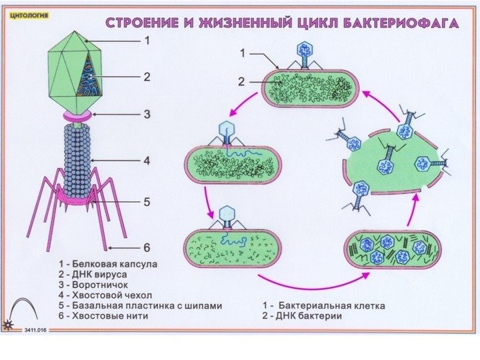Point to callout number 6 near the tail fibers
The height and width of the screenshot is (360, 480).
coord(147,246)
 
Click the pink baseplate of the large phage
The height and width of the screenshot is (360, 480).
coord(75,197)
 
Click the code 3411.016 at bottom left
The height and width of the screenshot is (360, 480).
coord(37,330)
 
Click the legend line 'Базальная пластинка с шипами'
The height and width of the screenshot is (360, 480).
coord(140,305)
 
